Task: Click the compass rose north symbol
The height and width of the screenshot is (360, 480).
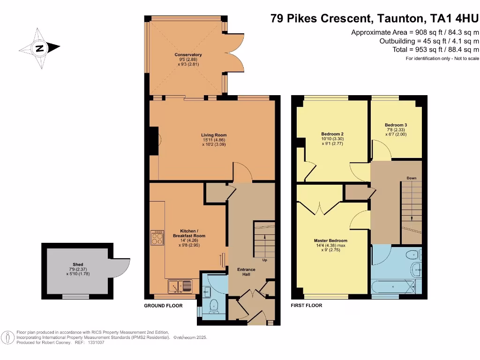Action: click(40, 47)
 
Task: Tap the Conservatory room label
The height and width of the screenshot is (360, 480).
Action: click(188, 55)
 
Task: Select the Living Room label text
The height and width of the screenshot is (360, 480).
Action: click(214, 135)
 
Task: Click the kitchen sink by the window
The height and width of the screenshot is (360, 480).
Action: click(180, 285)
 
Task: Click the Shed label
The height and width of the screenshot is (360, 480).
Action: click(78, 264)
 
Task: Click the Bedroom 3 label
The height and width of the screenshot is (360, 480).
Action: click(396, 125)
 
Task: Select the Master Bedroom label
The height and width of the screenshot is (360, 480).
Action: click(330, 240)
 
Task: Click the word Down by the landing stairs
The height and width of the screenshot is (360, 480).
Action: click(411, 178)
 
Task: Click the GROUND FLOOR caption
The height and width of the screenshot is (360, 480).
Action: click(163, 306)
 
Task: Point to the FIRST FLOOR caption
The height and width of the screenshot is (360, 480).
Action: click(307, 306)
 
